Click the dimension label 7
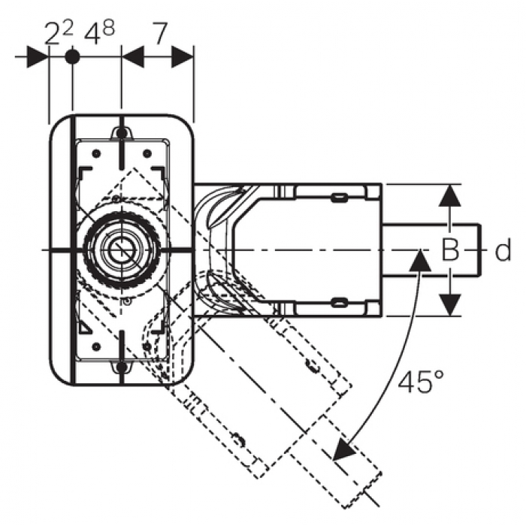tap(159, 33)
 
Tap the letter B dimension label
tap(450, 249)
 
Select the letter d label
tap(503, 249)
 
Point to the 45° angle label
tap(421, 382)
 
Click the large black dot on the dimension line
tap(72, 56)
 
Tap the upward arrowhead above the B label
tap(450, 195)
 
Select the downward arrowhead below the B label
tap(450, 304)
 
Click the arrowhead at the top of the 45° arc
tap(420, 260)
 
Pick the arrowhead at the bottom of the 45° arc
tap(344, 449)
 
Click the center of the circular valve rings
tap(122, 250)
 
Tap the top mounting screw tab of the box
tap(122, 133)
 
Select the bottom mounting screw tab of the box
tap(122, 367)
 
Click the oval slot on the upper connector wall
tap(339, 197)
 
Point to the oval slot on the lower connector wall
tap(339, 303)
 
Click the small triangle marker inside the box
tap(85, 328)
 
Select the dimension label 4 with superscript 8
tap(100, 32)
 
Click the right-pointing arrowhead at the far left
tap(38, 56)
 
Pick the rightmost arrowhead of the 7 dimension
tap(183, 56)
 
